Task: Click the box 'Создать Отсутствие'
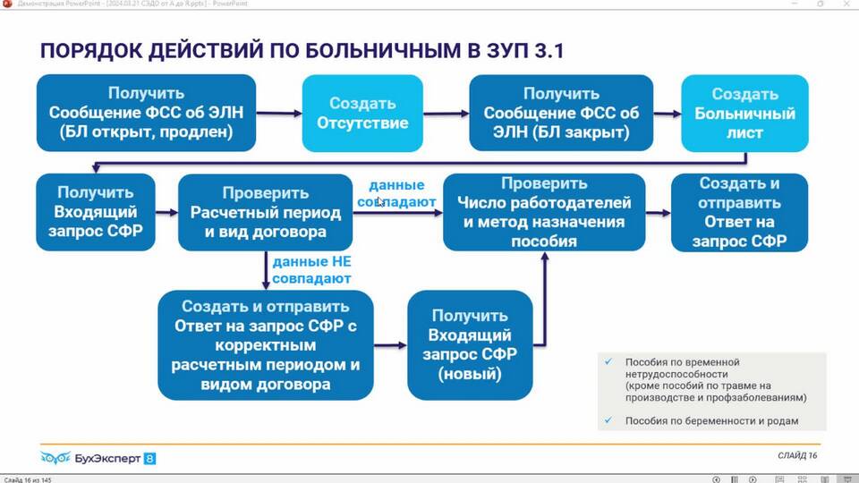(x=361, y=114)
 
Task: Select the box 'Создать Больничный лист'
(x=744, y=114)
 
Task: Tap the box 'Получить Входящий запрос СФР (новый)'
(x=470, y=344)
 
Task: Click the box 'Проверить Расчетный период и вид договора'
(x=265, y=212)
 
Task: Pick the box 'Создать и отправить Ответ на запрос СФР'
(x=739, y=212)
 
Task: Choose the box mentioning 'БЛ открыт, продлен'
(x=146, y=114)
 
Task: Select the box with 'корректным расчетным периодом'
(x=266, y=344)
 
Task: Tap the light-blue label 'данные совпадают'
(x=396, y=194)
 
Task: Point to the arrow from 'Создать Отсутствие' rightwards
(x=445, y=114)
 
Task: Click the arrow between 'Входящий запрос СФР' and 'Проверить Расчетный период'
(x=166, y=212)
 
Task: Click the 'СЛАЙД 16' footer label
(x=798, y=455)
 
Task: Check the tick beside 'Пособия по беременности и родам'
(x=608, y=420)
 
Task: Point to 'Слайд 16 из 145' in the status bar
(x=27, y=479)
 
